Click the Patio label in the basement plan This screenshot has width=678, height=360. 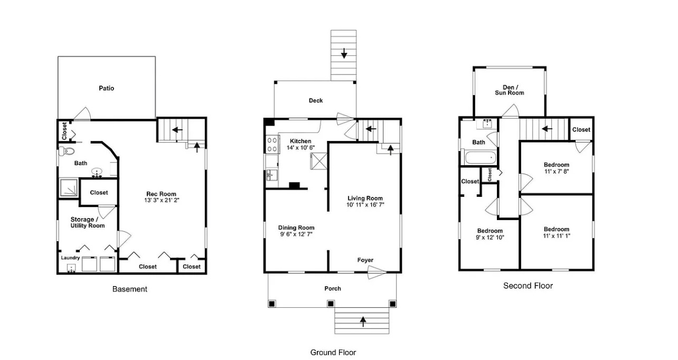(106, 88)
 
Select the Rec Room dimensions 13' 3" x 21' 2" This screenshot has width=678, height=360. (162, 200)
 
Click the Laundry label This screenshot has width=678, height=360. (70, 258)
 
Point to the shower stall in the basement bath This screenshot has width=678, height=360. (69, 187)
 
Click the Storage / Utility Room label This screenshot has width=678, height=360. (88, 223)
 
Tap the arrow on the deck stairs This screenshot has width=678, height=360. (344, 53)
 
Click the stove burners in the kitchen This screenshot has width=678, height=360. (272, 145)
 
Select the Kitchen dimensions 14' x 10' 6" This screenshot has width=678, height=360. (300, 148)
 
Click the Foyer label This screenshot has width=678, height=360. (365, 260)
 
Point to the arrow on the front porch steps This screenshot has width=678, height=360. (363, 321)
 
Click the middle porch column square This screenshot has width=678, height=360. (331, 304)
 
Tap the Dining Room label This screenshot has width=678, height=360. (296, 228)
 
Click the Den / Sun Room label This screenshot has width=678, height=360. (510, 90)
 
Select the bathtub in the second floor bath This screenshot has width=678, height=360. (480, 158)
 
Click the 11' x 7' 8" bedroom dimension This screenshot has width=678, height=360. (557, 172)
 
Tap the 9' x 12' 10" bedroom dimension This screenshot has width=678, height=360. (489, 238)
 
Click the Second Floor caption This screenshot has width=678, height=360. (528, 286)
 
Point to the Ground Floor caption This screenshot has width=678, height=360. (333, 353)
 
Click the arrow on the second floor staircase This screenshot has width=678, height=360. (547, 129)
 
